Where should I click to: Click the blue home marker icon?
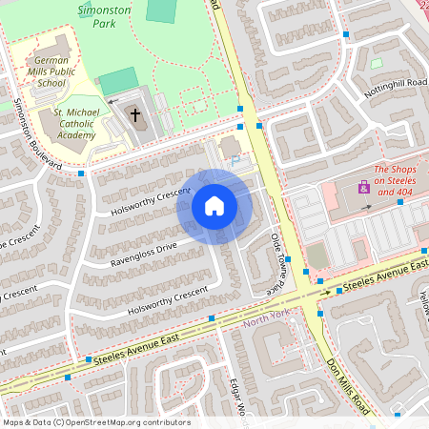coord(214,206)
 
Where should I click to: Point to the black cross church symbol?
coord(135,115)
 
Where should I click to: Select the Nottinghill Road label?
coord(395,89)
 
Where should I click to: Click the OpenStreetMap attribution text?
coord(95,422)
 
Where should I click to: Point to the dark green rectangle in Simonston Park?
coord(162,10)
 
